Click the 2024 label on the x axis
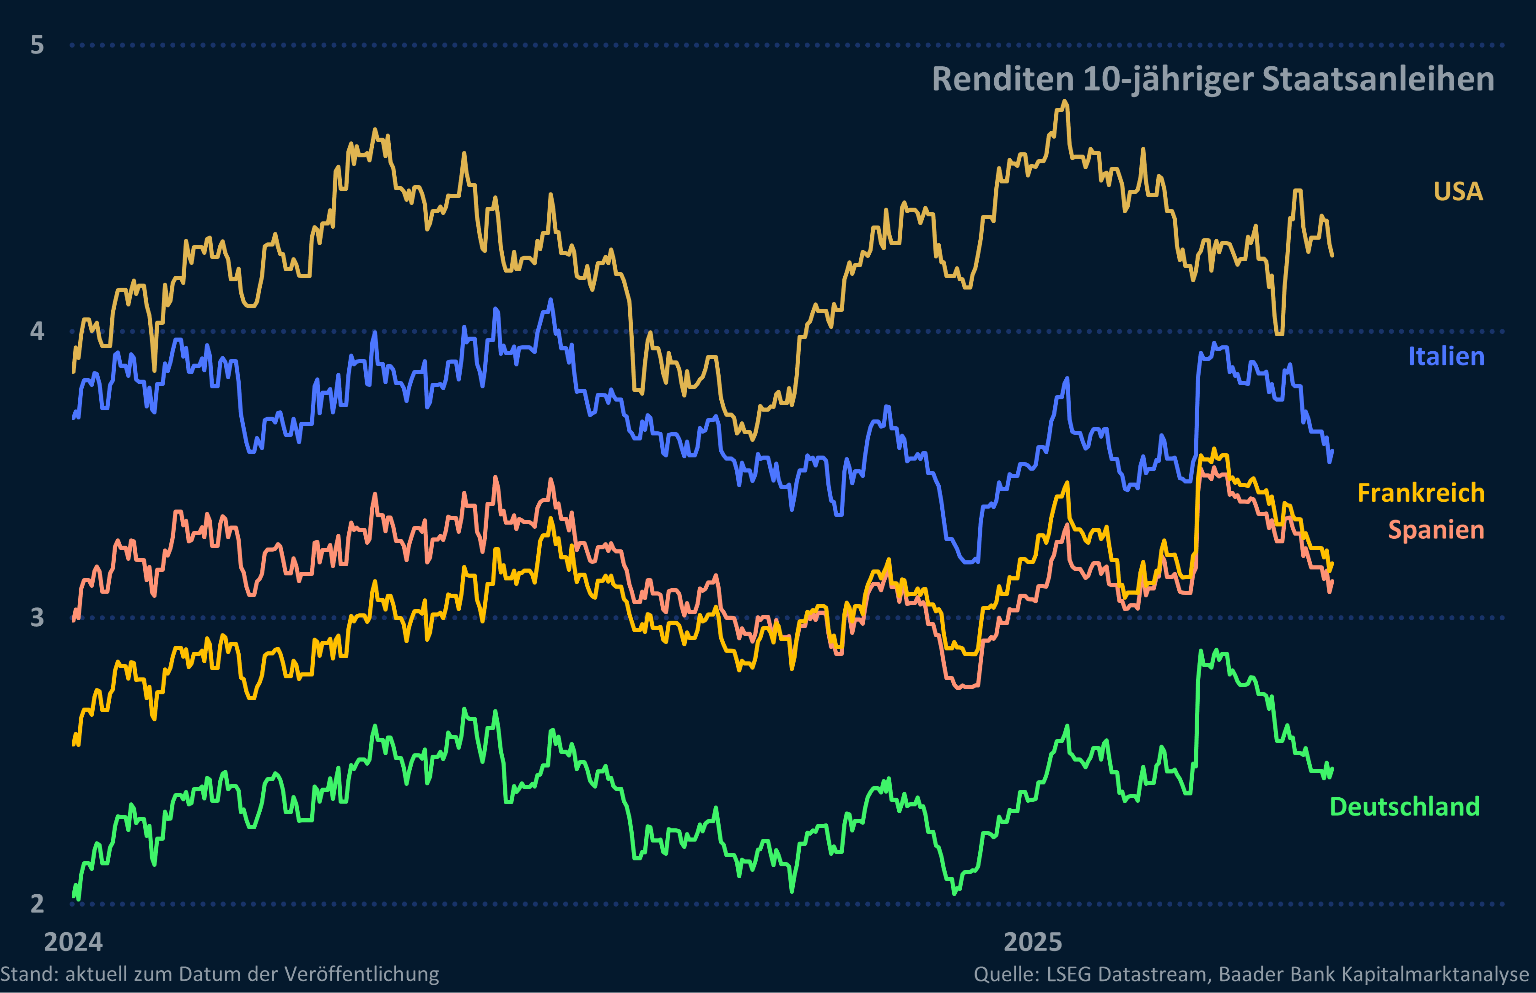[74, 942]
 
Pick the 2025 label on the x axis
[1032, 942]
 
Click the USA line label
[1458, 192]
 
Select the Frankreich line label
[1421, 493]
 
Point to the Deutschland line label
[1404, 807]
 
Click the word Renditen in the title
[1002, 79]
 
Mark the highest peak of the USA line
[1065, 102]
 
